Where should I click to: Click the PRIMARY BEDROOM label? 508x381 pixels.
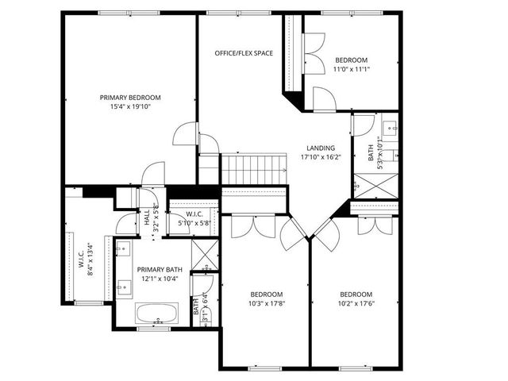tap(130, 97)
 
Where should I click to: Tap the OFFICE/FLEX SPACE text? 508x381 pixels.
tap(244, 53)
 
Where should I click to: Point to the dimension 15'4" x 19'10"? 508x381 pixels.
tap(130, 107)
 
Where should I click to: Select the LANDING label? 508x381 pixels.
tap(317, 148)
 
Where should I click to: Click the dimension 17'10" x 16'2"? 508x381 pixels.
tap(320, 157)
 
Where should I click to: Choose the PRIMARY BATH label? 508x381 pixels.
tap(156, 270)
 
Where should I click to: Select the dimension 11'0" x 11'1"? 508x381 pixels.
tap(351, 69)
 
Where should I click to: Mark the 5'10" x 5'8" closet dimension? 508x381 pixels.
tap(194, 224)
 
